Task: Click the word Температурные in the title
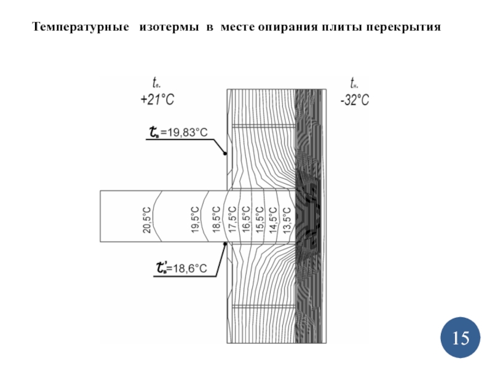pos(81,28)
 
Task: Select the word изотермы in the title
pos(169,28)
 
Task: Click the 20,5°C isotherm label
pos(147,220)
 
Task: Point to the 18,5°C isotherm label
pos(216,220)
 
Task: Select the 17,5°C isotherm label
pos(232,220)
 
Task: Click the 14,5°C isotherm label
pos(272,220)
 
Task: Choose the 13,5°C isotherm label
pos(287,220)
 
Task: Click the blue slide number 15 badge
pos(461,338)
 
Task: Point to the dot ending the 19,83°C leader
pos(226,154)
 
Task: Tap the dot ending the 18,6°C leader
pos(226,244)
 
